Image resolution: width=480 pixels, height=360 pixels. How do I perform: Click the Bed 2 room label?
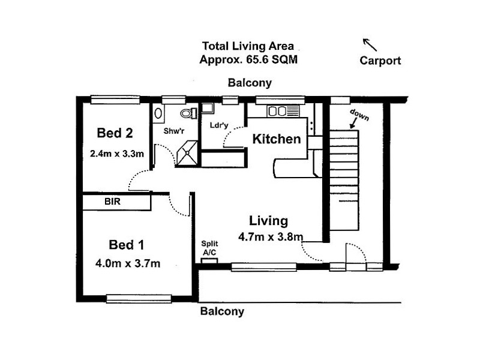[x=115, y=133]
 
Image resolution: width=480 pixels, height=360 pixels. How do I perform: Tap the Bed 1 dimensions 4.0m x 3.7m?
[x=128, y=263]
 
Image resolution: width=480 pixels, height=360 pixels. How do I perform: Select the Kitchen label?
[x=277, y=139]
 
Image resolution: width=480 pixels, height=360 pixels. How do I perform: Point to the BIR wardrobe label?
[x=112, y=202]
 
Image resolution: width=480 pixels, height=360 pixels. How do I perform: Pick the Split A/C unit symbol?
[x=209, y=261]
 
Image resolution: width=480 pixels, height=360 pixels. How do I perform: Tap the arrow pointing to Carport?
[x=370, y=44]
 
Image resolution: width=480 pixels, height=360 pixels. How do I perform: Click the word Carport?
[x=380, y=61]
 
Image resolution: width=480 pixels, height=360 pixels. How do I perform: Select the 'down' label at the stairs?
[x=359, y=115]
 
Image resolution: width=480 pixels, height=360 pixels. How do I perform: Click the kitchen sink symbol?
[x=283, y=111]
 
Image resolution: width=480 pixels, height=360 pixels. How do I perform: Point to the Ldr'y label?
[x=219, y=125]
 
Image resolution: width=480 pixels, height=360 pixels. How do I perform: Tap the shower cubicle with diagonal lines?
[x=187, y=154]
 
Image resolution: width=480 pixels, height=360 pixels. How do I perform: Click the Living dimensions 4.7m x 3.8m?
[x=271, y=236]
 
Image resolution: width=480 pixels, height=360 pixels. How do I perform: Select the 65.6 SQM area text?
[x=272, y=59]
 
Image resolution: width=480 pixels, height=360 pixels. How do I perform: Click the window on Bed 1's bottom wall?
[x=139, y=298]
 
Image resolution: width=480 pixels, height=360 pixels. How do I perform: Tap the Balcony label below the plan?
[x=222, y=311]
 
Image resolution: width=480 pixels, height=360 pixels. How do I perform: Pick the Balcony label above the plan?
[x=250, y=83]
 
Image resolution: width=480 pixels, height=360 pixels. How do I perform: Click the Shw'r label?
[x=174, y=131]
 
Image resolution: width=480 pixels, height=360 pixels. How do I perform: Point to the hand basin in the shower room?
[x=158, y=113]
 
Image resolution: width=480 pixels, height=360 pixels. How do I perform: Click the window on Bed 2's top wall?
[x=115, y=100]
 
